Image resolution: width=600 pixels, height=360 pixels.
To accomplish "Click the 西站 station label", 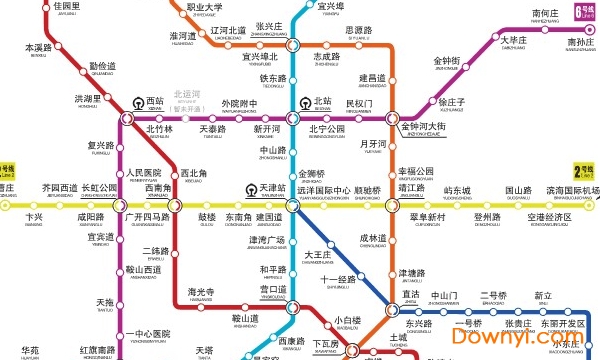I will [x=155, y=101].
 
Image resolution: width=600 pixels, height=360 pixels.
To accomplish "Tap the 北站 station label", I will [x=322, y=101].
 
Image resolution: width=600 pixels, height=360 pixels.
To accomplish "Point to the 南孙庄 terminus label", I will [x=580, y=42].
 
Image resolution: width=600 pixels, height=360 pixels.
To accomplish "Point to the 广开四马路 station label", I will [x=145, y=217].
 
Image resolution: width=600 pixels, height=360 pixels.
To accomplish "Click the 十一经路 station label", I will [x=339, y=278].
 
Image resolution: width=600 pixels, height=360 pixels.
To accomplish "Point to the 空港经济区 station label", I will [x=549, y=217].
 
